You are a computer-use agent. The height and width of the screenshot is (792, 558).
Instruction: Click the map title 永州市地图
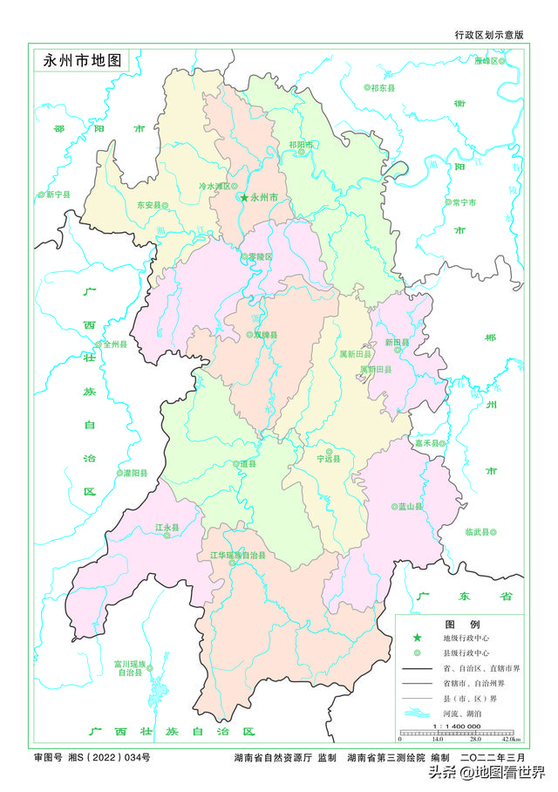coord(81,62)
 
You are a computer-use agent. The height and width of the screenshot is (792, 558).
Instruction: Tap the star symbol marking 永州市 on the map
coord(244,198)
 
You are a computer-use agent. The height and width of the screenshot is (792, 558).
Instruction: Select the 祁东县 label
coord(384,88)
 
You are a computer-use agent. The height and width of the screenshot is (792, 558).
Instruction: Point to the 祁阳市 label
coord(300,144)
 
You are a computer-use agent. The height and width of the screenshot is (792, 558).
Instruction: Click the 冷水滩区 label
coord(214,186)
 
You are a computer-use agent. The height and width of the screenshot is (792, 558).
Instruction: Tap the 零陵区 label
coord(258,256)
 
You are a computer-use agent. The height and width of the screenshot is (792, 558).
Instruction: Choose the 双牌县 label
coord(264,335)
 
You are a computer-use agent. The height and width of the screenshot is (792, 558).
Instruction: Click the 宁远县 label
coord(329,457)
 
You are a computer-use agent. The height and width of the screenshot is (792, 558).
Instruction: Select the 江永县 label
coord(167,528)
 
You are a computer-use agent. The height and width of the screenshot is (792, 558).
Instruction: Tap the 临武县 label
coord(480,531)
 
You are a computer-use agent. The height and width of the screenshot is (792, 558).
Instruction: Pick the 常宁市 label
coord(463,202)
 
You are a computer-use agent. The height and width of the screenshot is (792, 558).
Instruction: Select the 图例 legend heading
coord(458,625)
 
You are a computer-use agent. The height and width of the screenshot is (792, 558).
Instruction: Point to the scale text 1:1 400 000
coord(453,726)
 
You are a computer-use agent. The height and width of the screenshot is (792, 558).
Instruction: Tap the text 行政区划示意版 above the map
coord(489,35)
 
